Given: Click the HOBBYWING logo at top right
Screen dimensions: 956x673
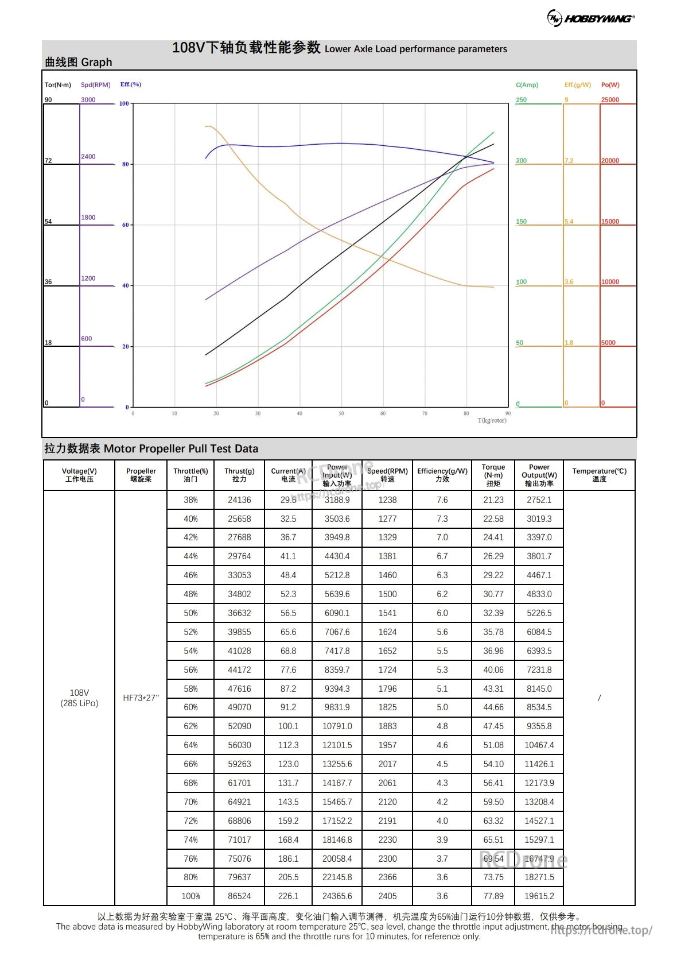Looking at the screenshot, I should click(591, 18).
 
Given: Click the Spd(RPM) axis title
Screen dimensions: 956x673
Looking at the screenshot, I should click(95, 85).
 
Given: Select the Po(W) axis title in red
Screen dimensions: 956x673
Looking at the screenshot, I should click(610, 85).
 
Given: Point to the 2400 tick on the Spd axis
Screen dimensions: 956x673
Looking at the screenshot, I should click(88, 157).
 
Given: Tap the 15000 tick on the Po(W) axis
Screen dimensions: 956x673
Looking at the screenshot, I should click(610, 222).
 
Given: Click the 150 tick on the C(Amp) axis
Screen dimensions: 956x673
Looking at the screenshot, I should click(521, 222).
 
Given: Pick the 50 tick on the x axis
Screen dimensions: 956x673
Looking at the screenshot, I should click(341, 413).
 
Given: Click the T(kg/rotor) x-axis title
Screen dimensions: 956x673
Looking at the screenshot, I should click(492, 421).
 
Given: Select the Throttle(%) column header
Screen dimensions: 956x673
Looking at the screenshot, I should click(190, 475).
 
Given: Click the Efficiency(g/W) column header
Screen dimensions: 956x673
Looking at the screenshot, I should click(442, 475).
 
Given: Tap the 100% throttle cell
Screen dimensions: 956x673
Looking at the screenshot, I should click(190, 896).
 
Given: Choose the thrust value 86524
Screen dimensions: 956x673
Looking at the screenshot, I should click(239, 896).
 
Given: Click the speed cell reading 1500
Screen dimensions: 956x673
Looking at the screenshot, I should click(387, 594).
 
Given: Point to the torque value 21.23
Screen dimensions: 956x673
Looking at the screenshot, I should click(493, 500).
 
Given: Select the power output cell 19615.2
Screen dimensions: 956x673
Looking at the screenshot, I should click(539, 896).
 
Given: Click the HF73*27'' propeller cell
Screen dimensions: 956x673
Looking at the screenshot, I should click(141, 698).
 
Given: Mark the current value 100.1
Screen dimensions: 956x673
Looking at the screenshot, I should click(288, 726).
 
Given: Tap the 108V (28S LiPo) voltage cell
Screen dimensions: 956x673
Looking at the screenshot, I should click(79, 698).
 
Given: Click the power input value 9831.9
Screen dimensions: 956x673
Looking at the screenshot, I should click(337, 707).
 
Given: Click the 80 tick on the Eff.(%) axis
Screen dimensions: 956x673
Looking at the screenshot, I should click(126, 164).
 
